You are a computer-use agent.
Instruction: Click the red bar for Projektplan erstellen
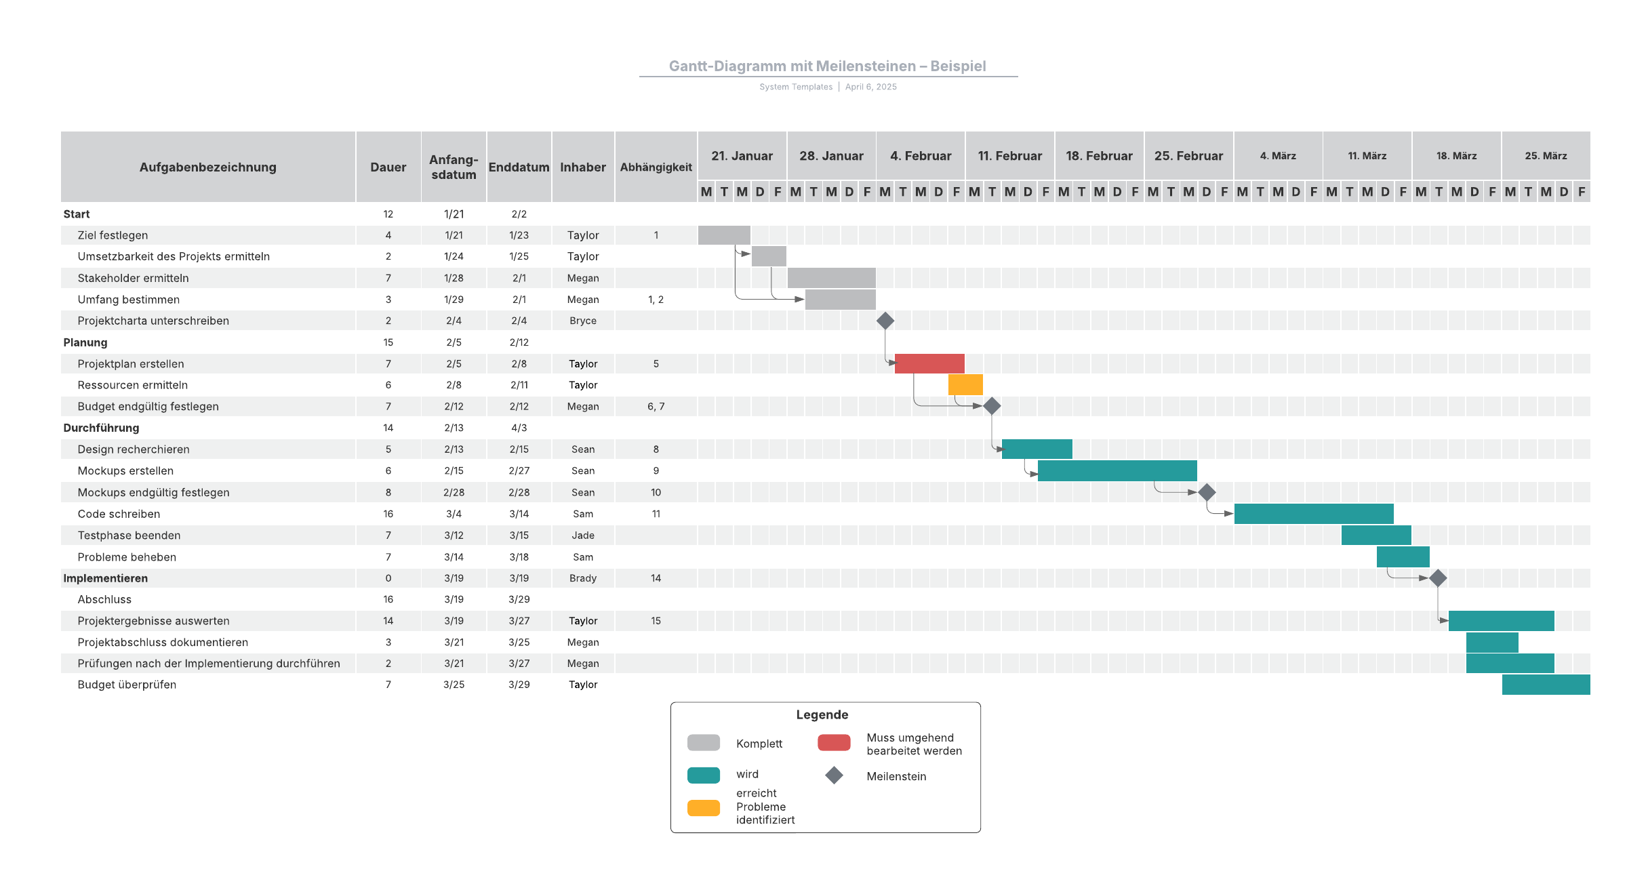pyautogui.click(x=929, y=363)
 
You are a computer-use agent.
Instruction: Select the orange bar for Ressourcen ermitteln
pyautogui.click(x=965, y=384)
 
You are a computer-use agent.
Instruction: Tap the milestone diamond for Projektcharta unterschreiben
pyautogui.click(x=885, y=321)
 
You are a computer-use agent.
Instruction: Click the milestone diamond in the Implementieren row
pyautogui.click(x=1438, y=578)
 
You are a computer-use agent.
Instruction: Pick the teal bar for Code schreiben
pyautogui.click(x=1314, y=514)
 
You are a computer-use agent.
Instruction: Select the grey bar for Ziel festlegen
pyautogui.click(x=724, y=235)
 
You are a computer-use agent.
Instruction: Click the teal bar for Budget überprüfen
pyautogui.click(x=1546, y=685)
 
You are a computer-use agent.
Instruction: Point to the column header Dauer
pyautogui.click(x=388, y=167)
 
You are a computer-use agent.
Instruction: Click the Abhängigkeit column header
pyautogui.click(x=656, y=167)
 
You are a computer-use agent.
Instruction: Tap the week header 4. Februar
pyautogui.click(x=921, y=156)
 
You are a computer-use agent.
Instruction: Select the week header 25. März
pyautogui.click(x=1546, y=156)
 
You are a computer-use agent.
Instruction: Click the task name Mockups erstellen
pyautogui.click(x=125, y=471)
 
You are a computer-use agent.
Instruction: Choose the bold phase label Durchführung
pyautogui.click(x=101, y=428)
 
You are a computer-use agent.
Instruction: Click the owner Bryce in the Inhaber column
pyautogui.click(x=583, y=321)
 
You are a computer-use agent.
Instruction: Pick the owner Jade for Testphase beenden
pyautogui.click(x=583, y=535)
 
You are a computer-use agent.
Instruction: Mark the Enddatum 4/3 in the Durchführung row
pyautogui.click(x=519, y=428)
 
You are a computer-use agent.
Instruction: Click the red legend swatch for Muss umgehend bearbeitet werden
pyautogui.click(x=834, y=743)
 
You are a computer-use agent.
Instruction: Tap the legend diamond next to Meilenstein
pyautogui.click(x=834, y=775)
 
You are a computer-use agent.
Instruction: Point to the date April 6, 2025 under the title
pyautogui.click(x=871, y=87)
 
